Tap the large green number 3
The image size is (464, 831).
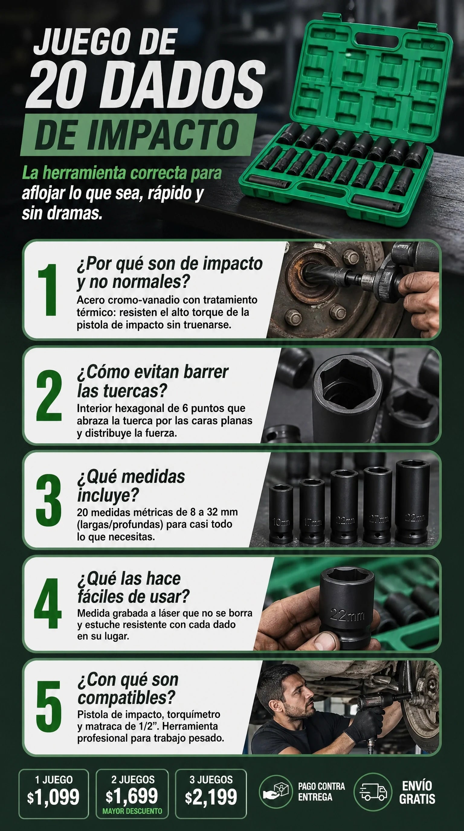48,500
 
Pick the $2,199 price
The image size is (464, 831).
211,797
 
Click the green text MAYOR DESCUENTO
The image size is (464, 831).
132,811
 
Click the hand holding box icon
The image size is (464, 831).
275,791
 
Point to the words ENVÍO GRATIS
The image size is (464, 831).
417,792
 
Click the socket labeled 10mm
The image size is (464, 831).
281,513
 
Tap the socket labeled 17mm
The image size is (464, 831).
312,511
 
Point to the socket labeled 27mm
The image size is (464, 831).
378,505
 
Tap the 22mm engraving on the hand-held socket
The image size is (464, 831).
347,616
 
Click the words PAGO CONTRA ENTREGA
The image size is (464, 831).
321,792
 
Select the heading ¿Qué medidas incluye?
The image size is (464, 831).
131,486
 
